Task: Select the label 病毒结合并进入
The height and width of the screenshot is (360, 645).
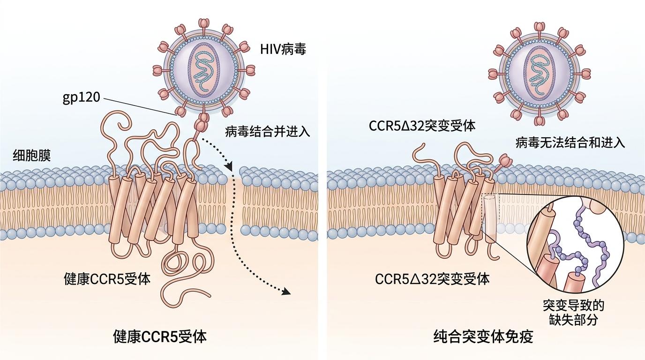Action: tap(268, 131)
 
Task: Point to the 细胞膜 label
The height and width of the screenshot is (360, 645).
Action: tap(32, 156)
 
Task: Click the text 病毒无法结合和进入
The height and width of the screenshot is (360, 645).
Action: tap(570, 142)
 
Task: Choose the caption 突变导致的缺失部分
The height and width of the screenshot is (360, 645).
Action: tap(573, 313)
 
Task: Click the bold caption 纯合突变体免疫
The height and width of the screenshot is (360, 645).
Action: tap(483, 336)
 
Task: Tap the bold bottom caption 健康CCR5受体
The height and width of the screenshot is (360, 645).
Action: tap(160, 336)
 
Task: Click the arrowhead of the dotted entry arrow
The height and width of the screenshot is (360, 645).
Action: tap(286, 292)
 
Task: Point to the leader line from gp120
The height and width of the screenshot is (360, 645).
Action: tap(138, 105)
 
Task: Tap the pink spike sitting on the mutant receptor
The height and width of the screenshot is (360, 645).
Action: tap(505, 161)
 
